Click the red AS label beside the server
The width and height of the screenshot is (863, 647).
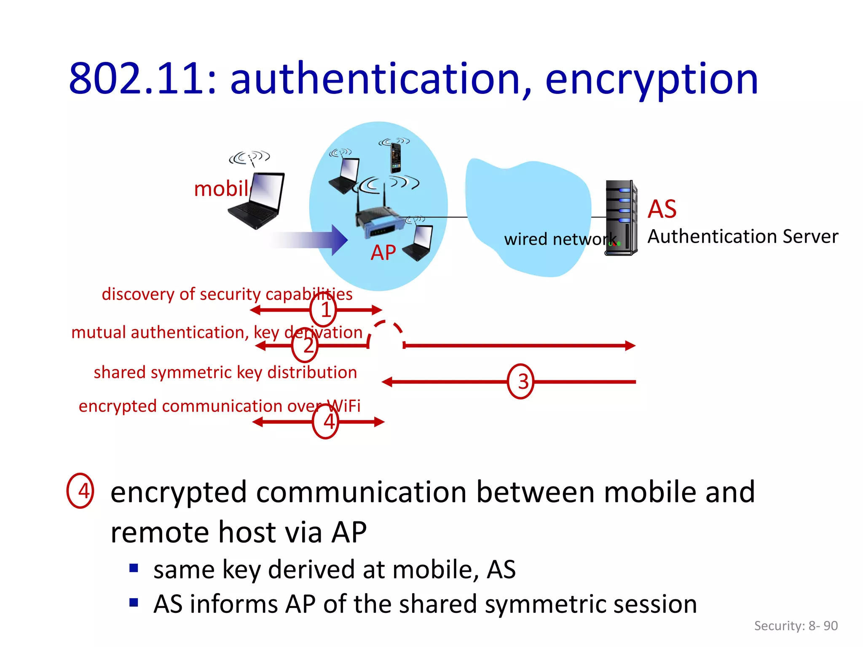point(662,209)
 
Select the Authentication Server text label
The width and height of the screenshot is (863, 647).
point(742,237)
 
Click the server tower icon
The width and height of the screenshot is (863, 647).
point(621,218)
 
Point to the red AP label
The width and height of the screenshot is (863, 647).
point(383,253)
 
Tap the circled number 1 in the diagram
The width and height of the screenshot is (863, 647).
point(323,310)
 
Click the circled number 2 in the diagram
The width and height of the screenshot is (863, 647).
point(305,346)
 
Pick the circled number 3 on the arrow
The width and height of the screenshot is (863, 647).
point(521,382)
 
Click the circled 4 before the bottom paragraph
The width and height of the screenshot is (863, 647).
point(80,491)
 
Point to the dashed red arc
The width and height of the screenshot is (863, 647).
point(386,331)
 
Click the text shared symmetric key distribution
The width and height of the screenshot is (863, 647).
point(225,372)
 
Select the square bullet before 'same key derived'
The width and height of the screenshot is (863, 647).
point(134,568)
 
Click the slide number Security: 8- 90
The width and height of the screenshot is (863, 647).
point(796,626)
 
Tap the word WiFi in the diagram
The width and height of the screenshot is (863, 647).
point(344,406)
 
